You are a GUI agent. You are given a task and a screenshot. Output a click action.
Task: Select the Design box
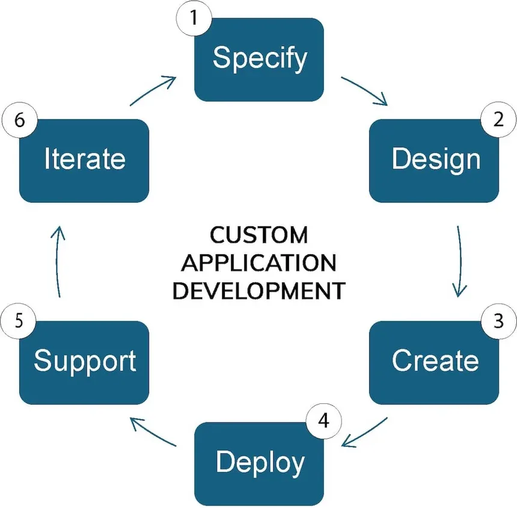click(x=434, y=161)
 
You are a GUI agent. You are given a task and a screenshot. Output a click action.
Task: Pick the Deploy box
click(x=258, y=463)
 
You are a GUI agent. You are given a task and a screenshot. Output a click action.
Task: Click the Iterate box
click(x=84, y=161)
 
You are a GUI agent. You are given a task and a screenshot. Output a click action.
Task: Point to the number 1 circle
click(x=194, y=19)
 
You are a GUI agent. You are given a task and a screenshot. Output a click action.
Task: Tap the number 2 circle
click(x=498, y=119)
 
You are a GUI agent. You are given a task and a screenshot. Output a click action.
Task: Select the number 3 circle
click(x=498, y=321)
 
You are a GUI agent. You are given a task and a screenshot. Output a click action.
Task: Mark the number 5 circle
click(x=19, y=321)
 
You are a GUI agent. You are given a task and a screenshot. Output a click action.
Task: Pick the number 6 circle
click(x=19, y=119)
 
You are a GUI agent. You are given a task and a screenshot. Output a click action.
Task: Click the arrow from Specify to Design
click(x=364, y=90)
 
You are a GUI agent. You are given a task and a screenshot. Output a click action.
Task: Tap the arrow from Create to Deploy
click(x=364, y=432)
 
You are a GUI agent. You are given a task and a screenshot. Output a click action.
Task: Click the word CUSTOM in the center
click(x=258, y=235)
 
